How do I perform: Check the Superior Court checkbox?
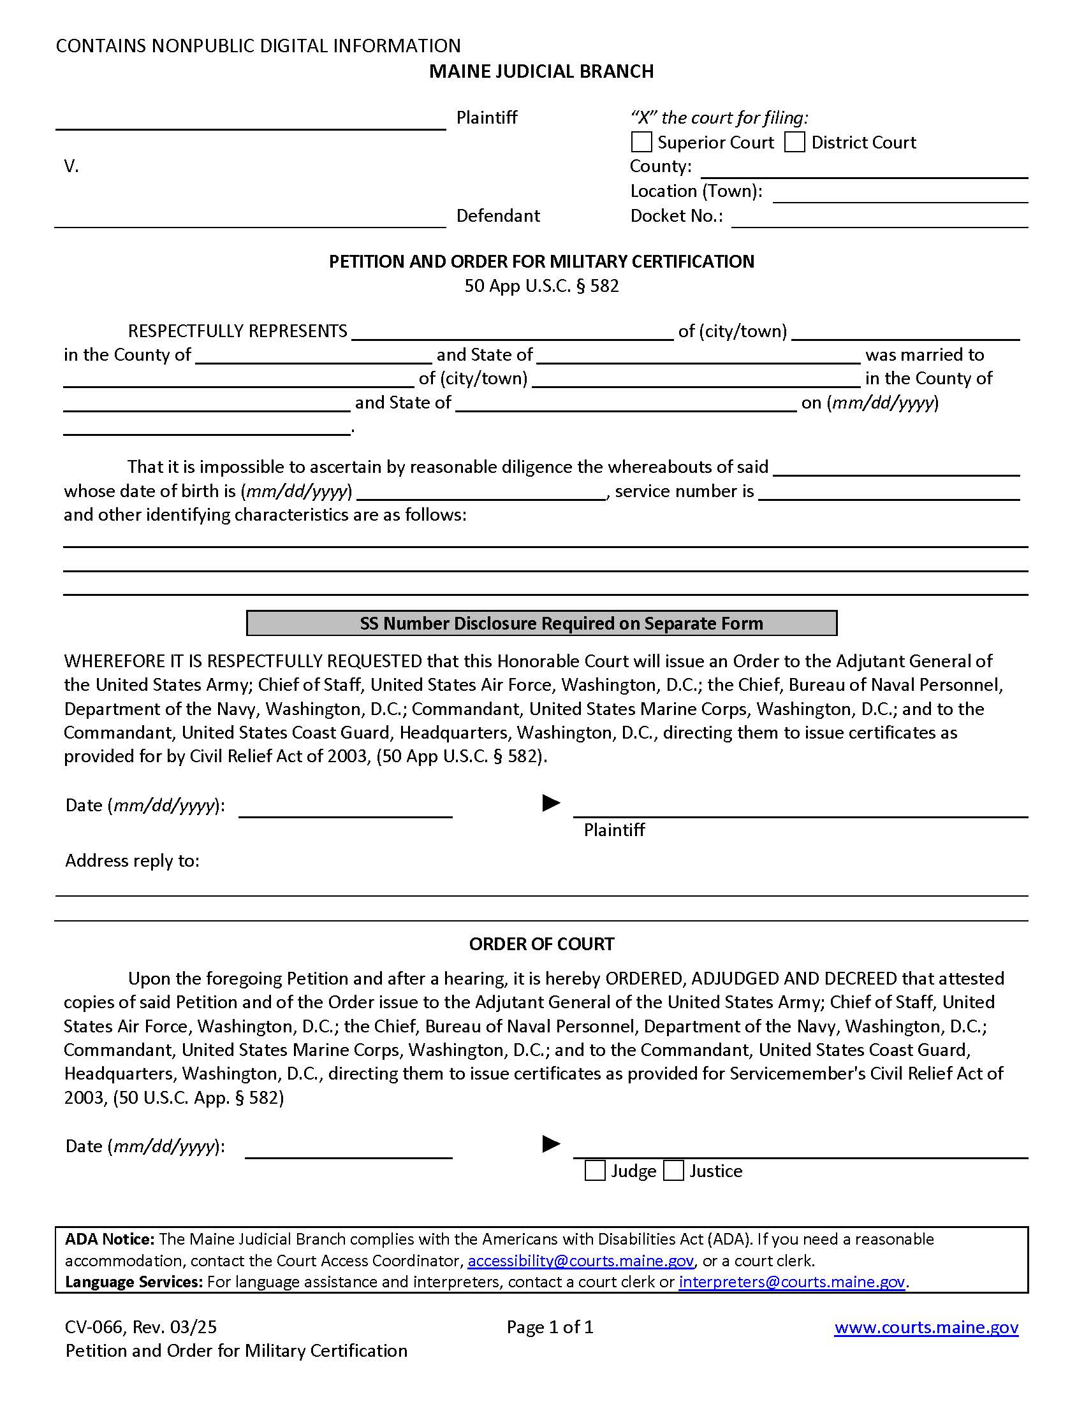641,142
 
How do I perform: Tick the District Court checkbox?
795,142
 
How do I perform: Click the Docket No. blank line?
879,219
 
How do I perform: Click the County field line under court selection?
864,170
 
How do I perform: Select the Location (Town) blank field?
900,194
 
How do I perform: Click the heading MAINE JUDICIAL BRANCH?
541,71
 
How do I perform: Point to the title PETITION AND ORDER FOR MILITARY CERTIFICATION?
541,261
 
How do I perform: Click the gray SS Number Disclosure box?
541,623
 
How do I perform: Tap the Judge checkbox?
596,1171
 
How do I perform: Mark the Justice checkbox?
673,1171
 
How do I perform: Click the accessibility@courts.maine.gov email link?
580,1261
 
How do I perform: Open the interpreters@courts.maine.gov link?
791,1282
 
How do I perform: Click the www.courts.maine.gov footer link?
926,1327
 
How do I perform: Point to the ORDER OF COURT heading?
541,944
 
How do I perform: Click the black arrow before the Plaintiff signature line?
551,803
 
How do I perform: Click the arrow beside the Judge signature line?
551,1144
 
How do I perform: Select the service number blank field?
890,493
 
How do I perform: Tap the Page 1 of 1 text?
550,1327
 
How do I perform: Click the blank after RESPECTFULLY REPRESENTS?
513,332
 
